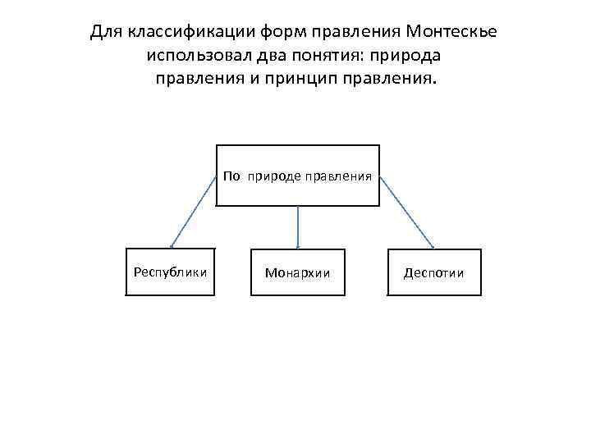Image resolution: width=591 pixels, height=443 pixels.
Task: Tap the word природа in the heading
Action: coord(412,57)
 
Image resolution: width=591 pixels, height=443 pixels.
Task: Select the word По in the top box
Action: coord(231,176)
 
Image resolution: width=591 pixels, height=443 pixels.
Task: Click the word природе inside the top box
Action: coord(273,176)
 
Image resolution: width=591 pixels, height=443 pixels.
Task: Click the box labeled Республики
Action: coord(171,271)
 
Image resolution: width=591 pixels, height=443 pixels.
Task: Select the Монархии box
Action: coord(297,272)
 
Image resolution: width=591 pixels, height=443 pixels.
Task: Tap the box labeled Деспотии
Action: coord(434,272)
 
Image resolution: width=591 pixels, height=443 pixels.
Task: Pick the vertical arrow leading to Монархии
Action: coord(297,226)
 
